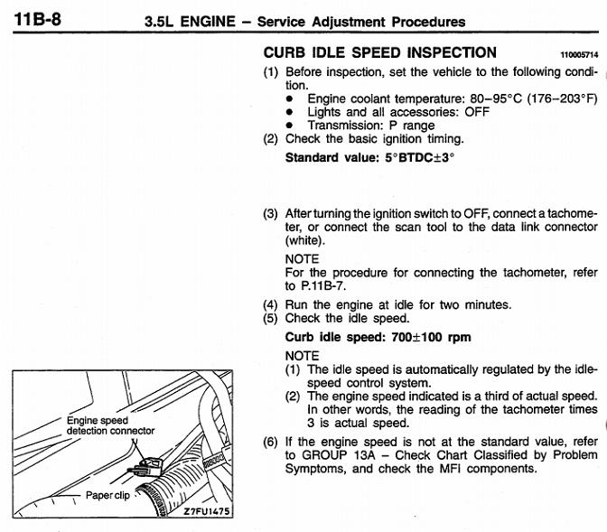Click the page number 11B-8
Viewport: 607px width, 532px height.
[x=37, y=19]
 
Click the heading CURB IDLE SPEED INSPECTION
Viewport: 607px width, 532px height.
[x=379, y=52]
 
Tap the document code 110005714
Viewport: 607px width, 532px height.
[x=579, y=55]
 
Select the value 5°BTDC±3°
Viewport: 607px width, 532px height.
[x=420, y=158]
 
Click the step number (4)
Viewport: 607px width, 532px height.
[x=270, y=305]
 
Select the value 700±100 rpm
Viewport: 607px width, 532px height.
[x=431, y=337]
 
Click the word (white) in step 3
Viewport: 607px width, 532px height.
[x=304, y=241]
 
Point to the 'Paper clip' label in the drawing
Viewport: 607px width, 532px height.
[x=107, y=496]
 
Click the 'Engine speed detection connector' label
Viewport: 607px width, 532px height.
[x=110, y=425]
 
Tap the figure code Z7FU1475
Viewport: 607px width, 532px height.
[x=207, y=511]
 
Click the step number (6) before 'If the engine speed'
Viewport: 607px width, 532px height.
[x=270, y=443]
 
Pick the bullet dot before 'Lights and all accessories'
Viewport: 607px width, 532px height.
[x=289, y=112]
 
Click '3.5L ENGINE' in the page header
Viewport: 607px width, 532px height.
[x=190, y=22]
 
